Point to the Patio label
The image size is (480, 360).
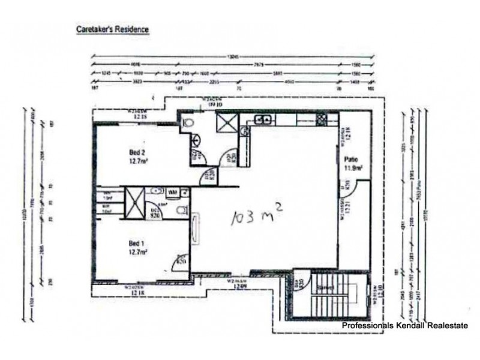(x=351, y=160)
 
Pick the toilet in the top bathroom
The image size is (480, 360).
(x=190, y=123)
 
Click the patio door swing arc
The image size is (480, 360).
(x=351, y=192)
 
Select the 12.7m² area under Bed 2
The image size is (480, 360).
(x=138, y=161)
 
